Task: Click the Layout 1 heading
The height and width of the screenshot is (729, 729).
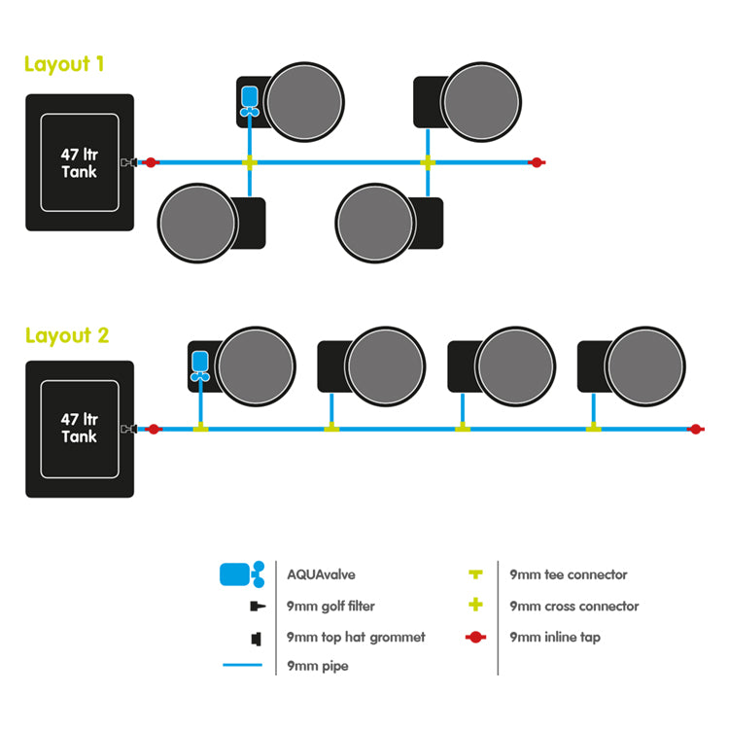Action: pyautogui.click(x=64, y=64)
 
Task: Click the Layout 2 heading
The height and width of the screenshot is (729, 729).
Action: pyautogui.click(x=67, y=335)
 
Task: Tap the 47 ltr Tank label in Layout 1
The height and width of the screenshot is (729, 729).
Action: pyautogui.click(x=79, y=162)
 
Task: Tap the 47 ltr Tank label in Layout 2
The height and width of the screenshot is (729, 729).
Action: pyautogui.click(x=79, y=428)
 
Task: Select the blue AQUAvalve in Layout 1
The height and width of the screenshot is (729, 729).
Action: pyautogui.click(x=250, y=101)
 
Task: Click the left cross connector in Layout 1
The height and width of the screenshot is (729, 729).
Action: pyautogui.click(x=250, y=162)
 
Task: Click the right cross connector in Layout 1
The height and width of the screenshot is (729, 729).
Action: pyautogui.click(x=427, y=162)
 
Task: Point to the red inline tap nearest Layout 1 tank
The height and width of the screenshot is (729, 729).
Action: pyautogui.click(x=151, y=162)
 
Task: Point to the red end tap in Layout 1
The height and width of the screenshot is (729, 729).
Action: pyautogui.click(x=536, y=162)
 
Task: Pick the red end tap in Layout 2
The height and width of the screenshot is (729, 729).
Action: pyautogui.click(x=694, y=428)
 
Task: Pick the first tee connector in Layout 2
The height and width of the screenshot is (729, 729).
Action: pyautogui.click(x=200, y=427)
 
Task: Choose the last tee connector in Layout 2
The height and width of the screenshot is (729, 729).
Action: pyautogui.click(x=592, y=427)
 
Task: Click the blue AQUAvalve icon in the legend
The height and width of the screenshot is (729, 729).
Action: pyautogui.click(x=241, y=573)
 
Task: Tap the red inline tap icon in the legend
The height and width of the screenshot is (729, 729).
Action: pyautogui.click(x=475, y=638)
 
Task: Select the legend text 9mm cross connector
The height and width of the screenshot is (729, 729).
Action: pyautogui.click(x=574, y=606)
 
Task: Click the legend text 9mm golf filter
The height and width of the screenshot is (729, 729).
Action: pyautogui.click(x=330, y=606)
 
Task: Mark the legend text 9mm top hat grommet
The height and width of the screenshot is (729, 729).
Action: pyautogui.click(x=356, y=638)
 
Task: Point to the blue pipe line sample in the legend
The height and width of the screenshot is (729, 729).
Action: pyautogui.click(x=241, y=667)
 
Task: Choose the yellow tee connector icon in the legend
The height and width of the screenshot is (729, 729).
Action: pyautogui.click(x=475, y=574)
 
